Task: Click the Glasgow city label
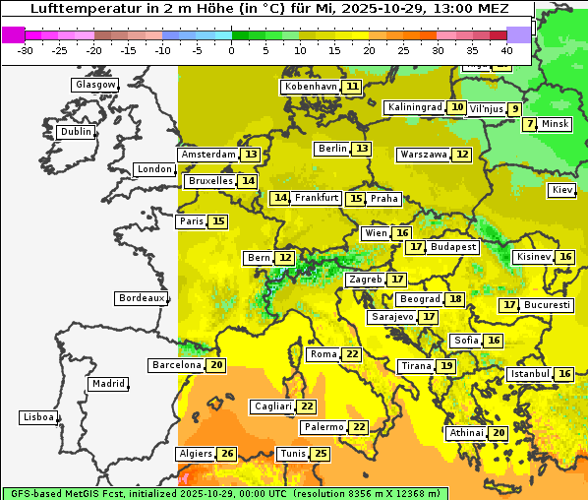pos(94,85)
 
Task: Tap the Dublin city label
pos(76,132)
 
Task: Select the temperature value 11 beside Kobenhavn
pos(352,87)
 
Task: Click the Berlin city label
pos(332,149)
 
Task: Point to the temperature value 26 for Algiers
pos(228,454)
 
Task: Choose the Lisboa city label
pos(37,417)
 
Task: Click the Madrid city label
pos(107,384)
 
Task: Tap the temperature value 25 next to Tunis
pos(321,454)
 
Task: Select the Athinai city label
pos(466,433)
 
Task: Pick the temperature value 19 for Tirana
pos(446,366)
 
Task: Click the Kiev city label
pos(562,190)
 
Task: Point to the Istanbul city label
pos(529,375)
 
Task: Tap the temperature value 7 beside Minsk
pos(530,124)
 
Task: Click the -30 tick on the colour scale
pos(26,49)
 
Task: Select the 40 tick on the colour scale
pos(506,49)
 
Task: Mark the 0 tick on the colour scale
pos(231,49)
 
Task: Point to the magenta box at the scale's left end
pos(13,34)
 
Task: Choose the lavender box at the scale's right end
pos(519,34)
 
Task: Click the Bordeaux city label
pos(142,298)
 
